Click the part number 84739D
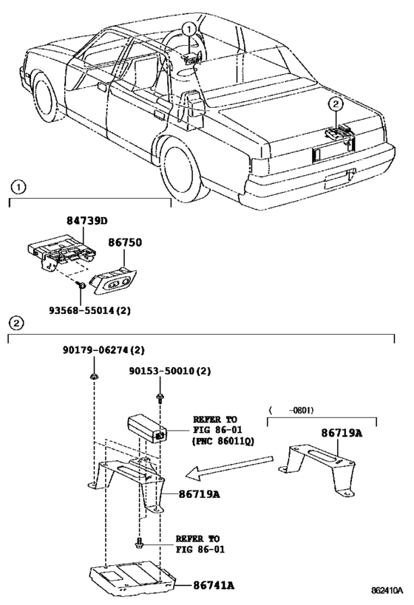(x=87, y=221)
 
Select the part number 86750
(x=125, y=242)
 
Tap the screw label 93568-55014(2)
(x=89, y=310)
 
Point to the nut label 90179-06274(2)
(x=103, y=350)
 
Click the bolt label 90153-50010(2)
(x=170, y=371)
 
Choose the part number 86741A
(x=214, y=585)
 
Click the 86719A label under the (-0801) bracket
(x=342, y=433)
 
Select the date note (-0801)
(x=291, y=410)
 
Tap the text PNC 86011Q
(x=223, y=440)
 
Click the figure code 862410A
(x=387, y=591)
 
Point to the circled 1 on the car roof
(x=189, y=29)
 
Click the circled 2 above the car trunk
(x=336, y=103)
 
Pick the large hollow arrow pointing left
(x=229, y=466)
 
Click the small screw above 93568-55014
(x=81, y=286)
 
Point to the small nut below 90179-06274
(x=93, y=376)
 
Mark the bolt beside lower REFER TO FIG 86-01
(x=139, y=543)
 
